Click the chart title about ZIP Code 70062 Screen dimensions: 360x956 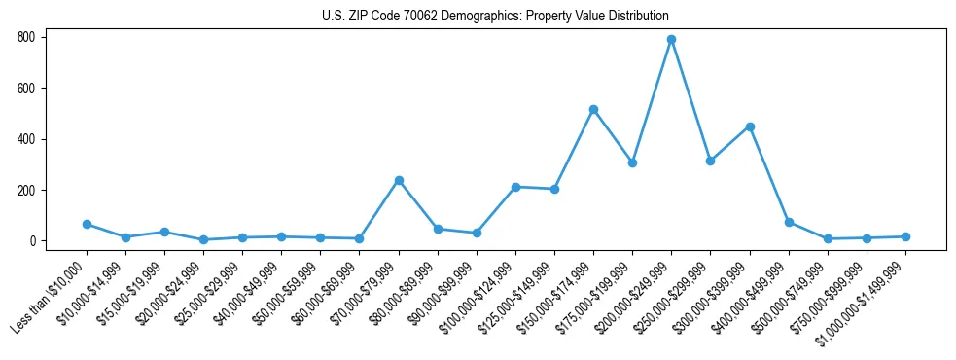(495, 16)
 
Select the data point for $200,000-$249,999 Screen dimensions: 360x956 (671, 40)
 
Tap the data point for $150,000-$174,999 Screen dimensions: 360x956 (593, 109)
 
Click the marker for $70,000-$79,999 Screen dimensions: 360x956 (399, 180)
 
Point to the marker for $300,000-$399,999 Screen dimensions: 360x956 (750, 126)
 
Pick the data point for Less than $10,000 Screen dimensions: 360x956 (87, 224)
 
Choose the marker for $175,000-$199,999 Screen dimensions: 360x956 (632, 162)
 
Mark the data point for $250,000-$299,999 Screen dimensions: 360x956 (710, 161)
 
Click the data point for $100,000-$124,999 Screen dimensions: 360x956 (515, 187)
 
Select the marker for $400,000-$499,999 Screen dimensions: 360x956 (789, 222)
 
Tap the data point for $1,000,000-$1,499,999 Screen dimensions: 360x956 (905, 236)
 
